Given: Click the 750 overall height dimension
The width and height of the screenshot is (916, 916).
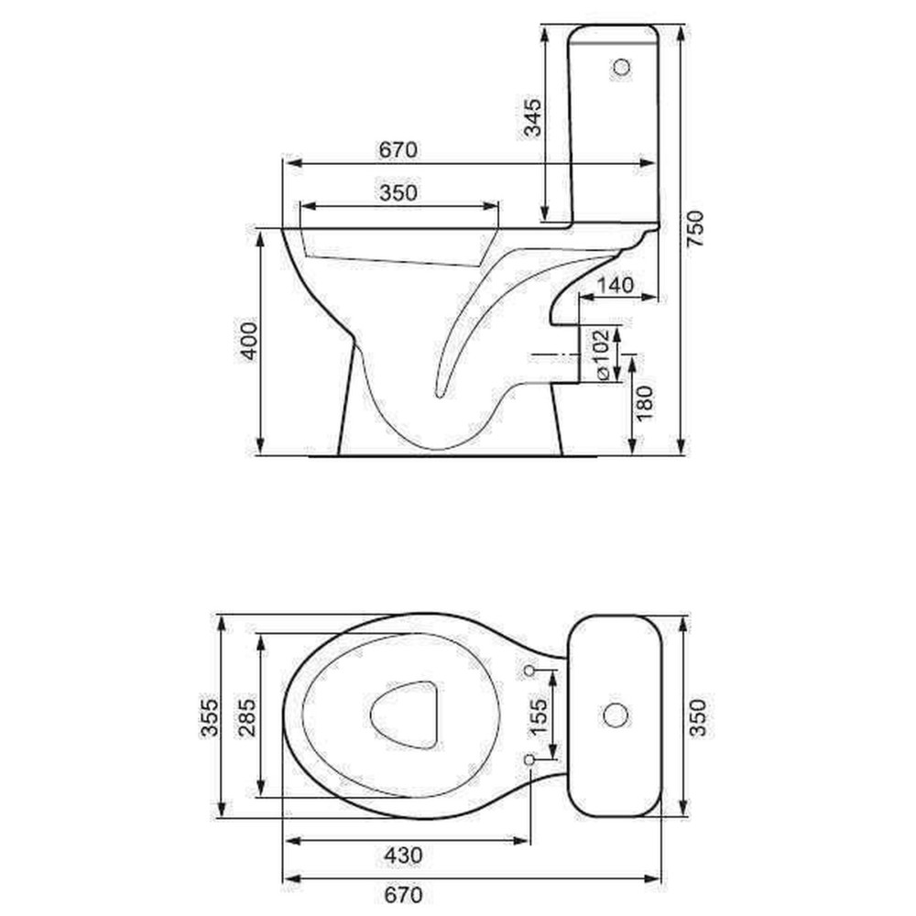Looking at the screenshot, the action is click(x=695, y=229).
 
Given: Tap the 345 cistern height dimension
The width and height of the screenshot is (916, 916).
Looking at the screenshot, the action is click(x=531, y=117).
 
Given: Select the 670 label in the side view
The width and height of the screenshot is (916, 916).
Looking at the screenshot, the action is click(x=398, y=149).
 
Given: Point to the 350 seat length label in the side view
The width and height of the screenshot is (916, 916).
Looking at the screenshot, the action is click(x=398, y=192).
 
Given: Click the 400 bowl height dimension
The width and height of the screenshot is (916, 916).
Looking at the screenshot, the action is click(x=248, y=341).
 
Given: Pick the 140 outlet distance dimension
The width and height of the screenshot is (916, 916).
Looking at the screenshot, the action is click(x=616, y=285).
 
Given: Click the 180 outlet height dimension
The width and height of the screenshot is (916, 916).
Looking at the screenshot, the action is click(x=644, y=402).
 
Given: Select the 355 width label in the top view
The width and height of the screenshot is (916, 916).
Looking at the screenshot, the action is click(x=209, y=717).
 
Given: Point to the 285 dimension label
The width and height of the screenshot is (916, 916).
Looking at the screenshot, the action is click(x=246, y=717).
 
